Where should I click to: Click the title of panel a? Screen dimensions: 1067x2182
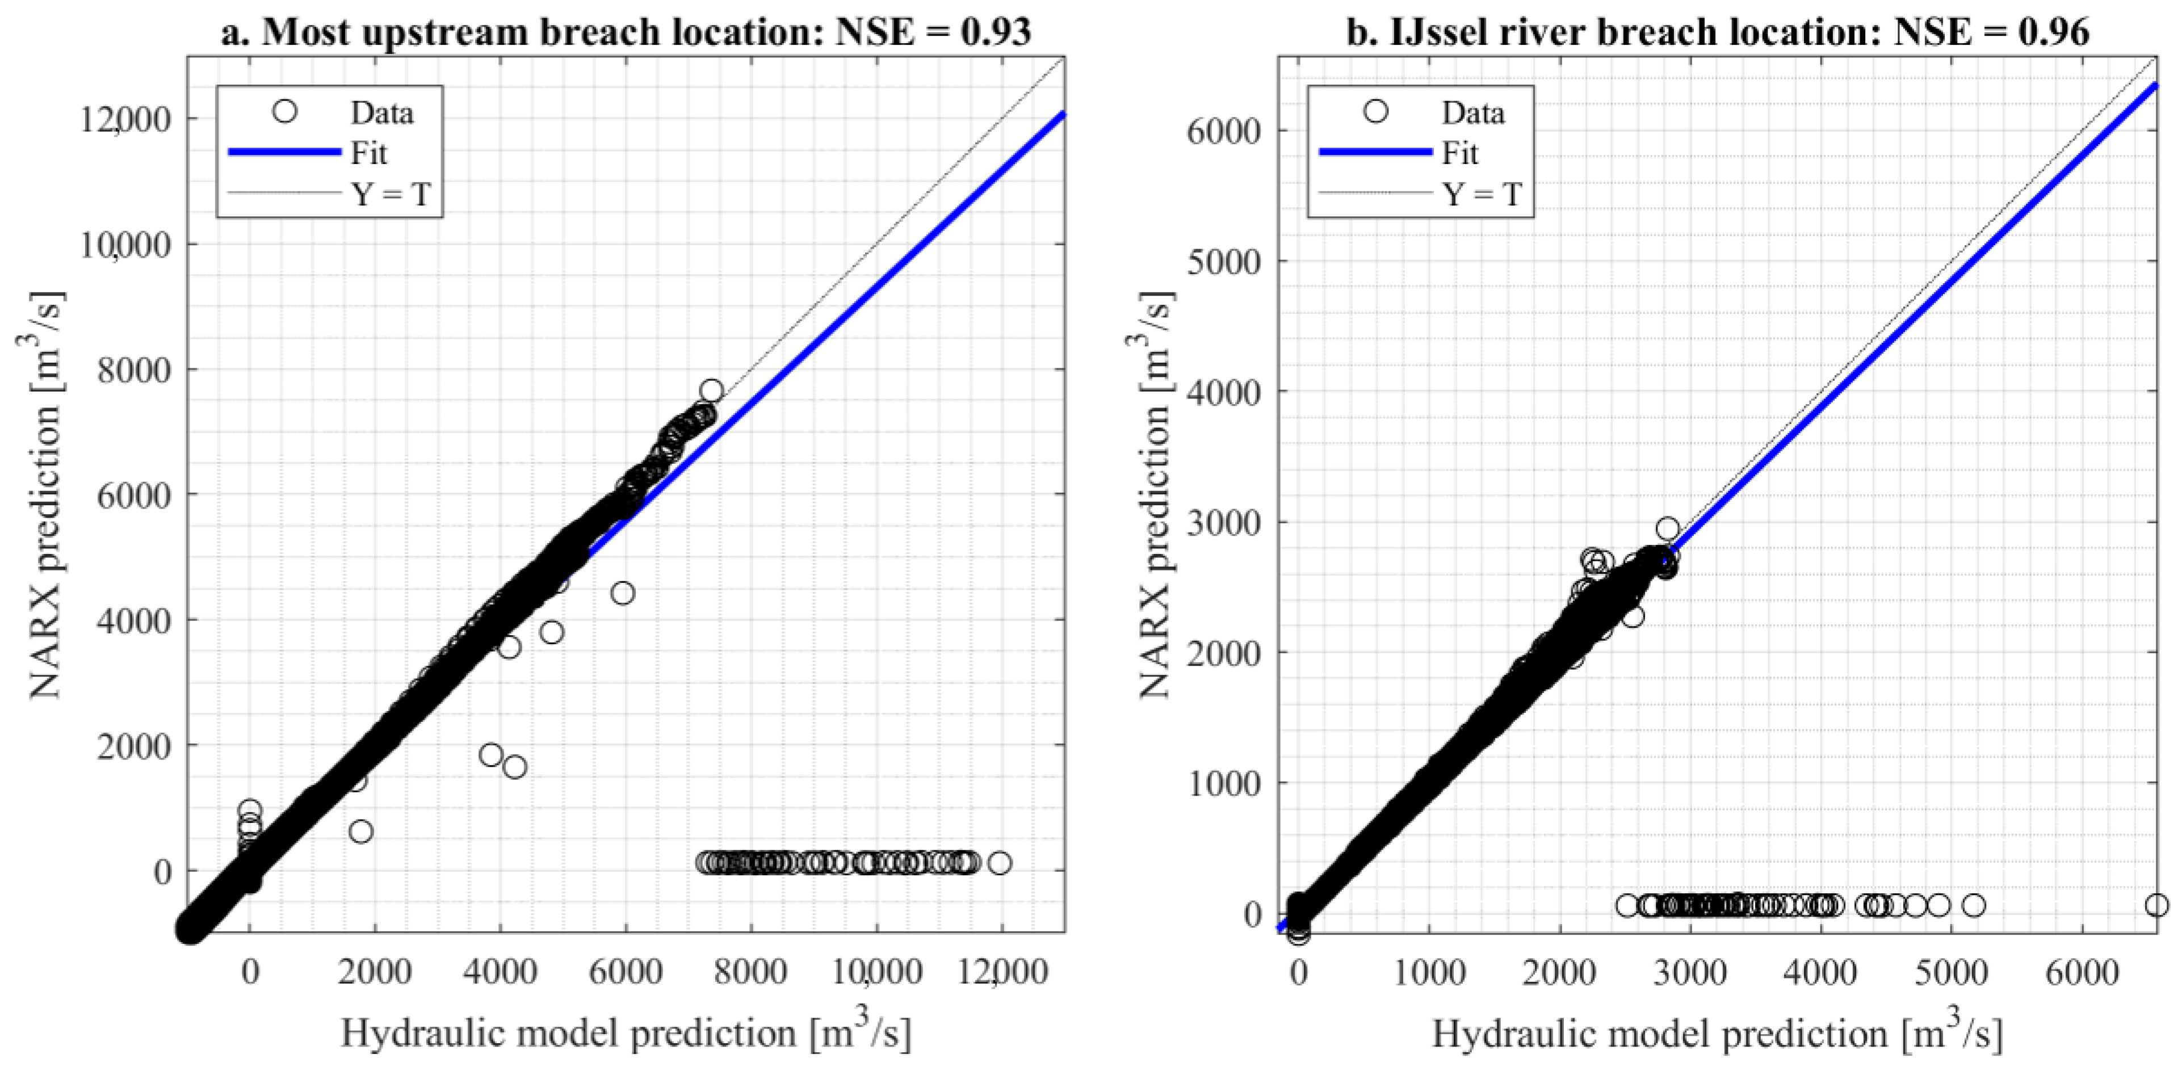tap(625, 32)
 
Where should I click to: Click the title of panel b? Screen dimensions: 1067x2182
tap(1718, 32)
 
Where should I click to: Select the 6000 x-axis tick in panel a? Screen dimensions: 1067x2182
tap(625, 971)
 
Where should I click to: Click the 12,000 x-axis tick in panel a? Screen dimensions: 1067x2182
tap(1001, 971)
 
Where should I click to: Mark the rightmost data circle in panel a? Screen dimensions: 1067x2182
tap(1000, 863)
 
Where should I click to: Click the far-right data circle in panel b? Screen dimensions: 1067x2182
tap(2156, 905)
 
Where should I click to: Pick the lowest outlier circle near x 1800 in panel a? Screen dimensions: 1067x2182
tap(361, 831)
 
